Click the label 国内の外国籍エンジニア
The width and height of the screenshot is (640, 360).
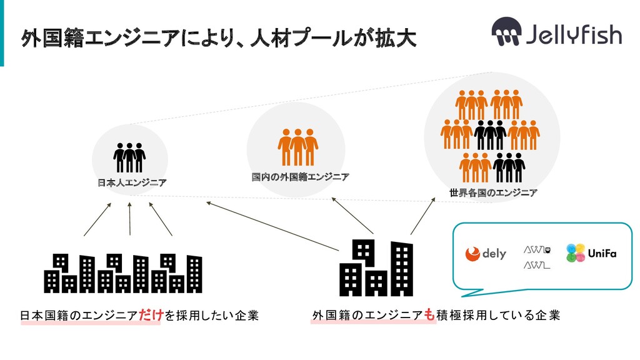pos(300,177)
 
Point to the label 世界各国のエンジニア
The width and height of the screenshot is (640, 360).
pos(492,192)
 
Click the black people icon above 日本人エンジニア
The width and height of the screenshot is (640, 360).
pos(129,157)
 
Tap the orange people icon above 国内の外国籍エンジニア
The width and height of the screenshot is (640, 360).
pos(297,147)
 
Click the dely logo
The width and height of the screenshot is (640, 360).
pos(485,253)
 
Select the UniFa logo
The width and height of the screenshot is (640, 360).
pos(591,252)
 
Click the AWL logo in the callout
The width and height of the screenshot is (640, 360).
pos(536,257)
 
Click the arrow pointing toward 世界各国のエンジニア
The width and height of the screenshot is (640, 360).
pos(422,217)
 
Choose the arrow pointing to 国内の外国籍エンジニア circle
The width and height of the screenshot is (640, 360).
pos(352,216)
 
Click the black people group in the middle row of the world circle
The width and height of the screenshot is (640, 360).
pos(490,134)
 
